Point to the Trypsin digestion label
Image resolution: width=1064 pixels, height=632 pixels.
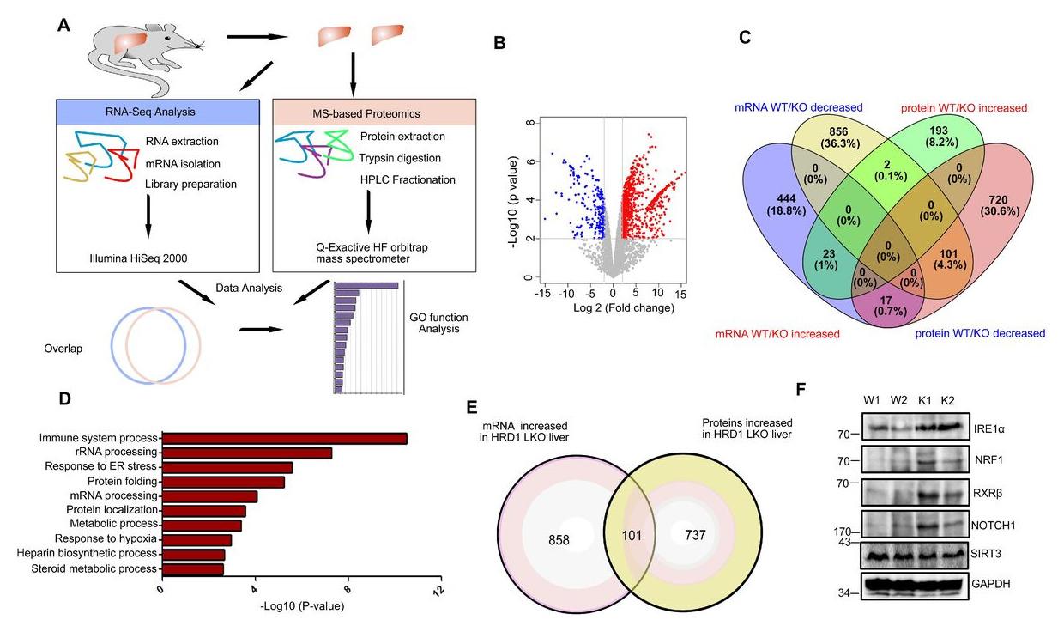point(400,158)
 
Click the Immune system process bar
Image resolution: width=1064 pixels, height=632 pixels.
point(284,439)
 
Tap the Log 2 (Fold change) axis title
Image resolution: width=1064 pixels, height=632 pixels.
point(613,307)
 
